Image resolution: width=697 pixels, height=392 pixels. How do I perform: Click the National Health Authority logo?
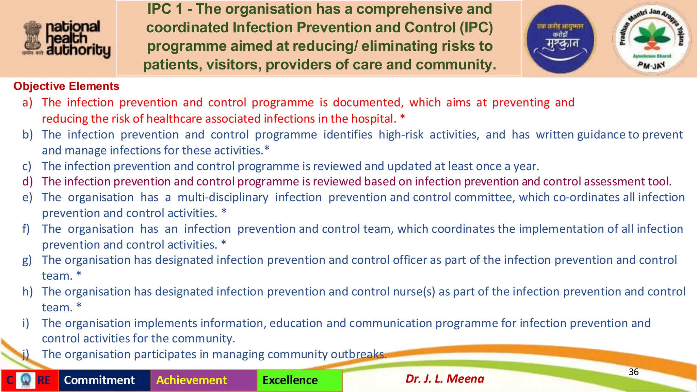click(x=67, y=39)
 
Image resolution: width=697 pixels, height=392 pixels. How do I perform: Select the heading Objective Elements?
click(x=66, y=86)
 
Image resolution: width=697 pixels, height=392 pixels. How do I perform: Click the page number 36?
click(x=633, y=372)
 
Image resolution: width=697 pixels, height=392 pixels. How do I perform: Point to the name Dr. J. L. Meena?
click(x=444, y=379)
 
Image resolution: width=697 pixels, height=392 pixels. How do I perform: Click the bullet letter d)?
click(x=27, y=181)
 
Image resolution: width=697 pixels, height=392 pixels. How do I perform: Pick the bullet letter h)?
click(x=27, y=292)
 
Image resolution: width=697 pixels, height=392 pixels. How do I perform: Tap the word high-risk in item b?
click(x=401, y=135)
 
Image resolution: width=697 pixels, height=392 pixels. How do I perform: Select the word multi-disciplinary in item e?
click(x=223, y=197)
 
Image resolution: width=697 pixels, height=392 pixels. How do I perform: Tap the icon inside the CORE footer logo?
click(x=26, y=380)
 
